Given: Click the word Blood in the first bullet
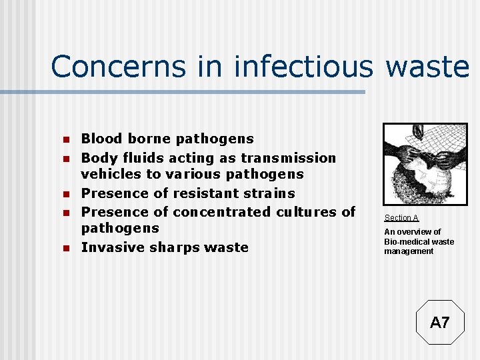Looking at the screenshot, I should point(101,139).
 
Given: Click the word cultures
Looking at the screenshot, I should point(311,212).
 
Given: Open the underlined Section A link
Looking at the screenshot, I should point(401,218).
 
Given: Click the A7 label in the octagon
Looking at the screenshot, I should point(440,323).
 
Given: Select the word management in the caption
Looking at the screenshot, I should point(409,251).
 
